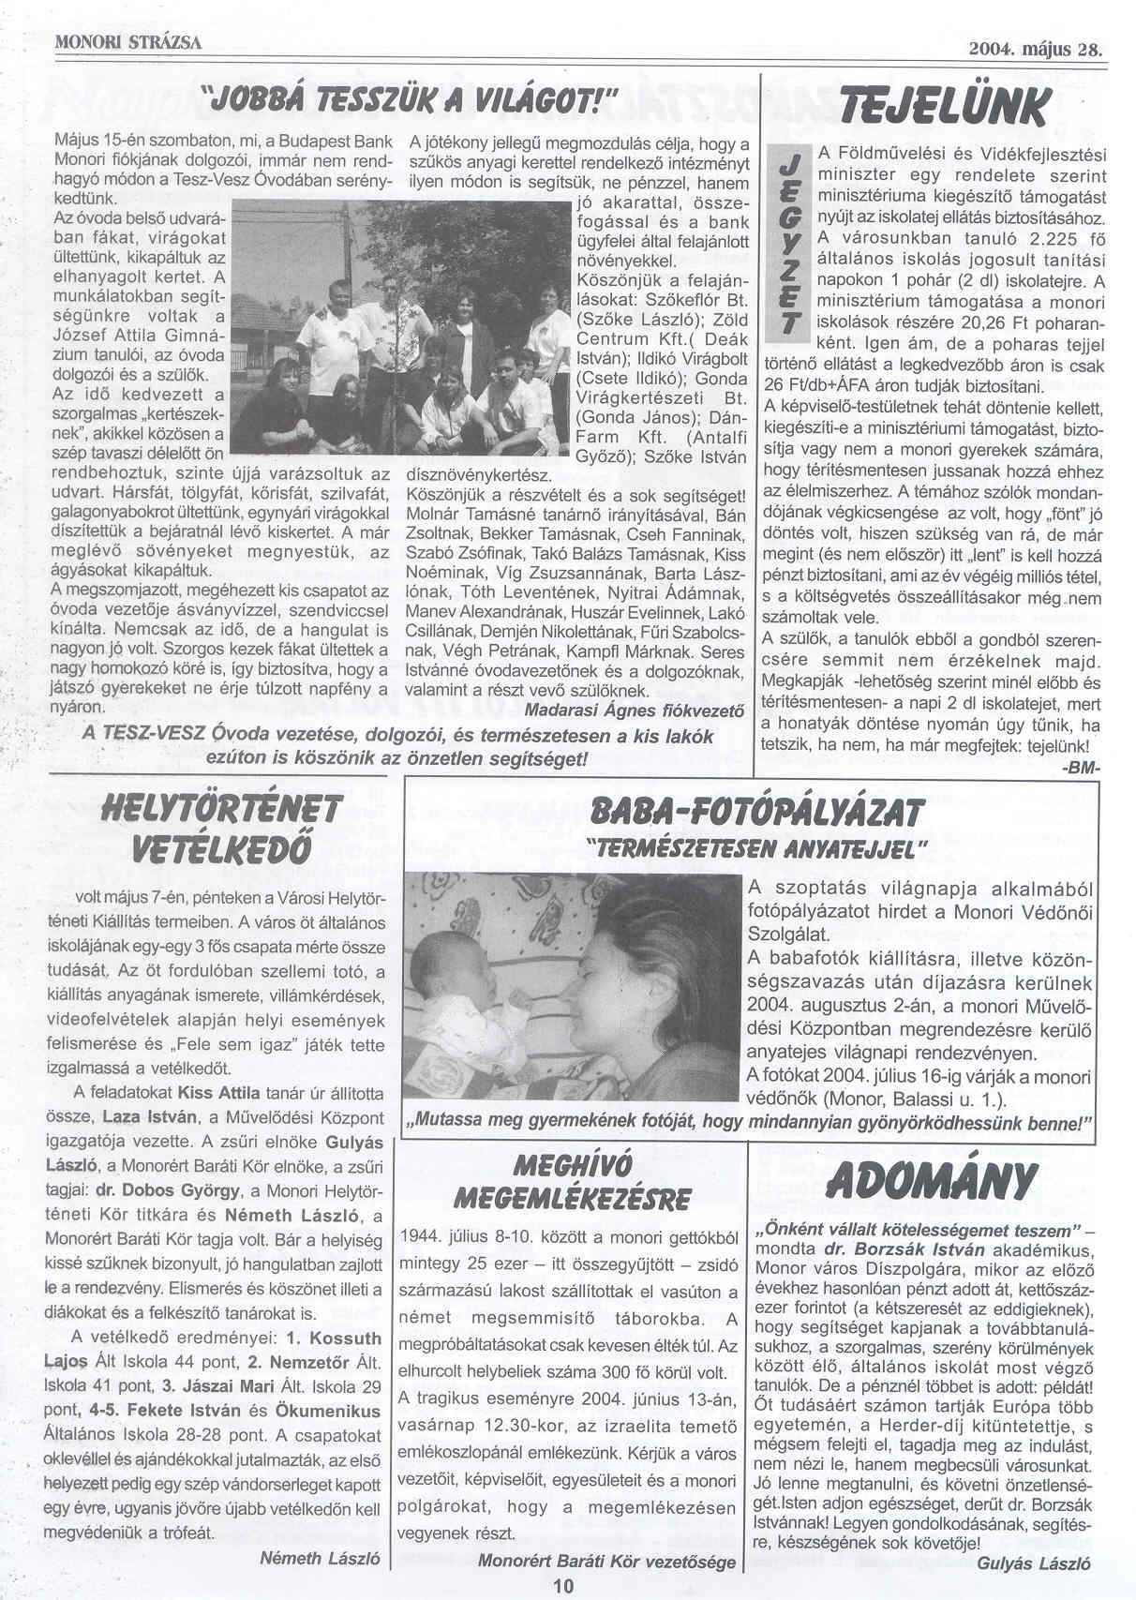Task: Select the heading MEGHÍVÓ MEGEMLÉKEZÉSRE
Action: tap(572, 1183)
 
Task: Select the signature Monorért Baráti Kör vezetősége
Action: tap(606, 1563)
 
